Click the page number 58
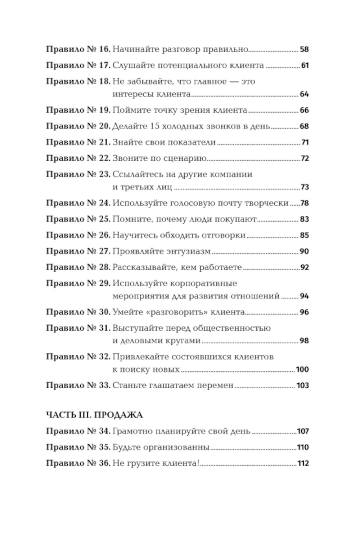[304, 49]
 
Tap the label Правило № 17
[78, 66]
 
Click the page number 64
[304, 94]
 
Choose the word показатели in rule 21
[195, 142]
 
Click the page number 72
[305, 158]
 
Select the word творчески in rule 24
[266, 203]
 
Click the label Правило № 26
[78, 235]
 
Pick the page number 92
[305, 268]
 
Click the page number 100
[302, 370]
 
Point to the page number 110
[303, 447]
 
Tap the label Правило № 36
[78, 463]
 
